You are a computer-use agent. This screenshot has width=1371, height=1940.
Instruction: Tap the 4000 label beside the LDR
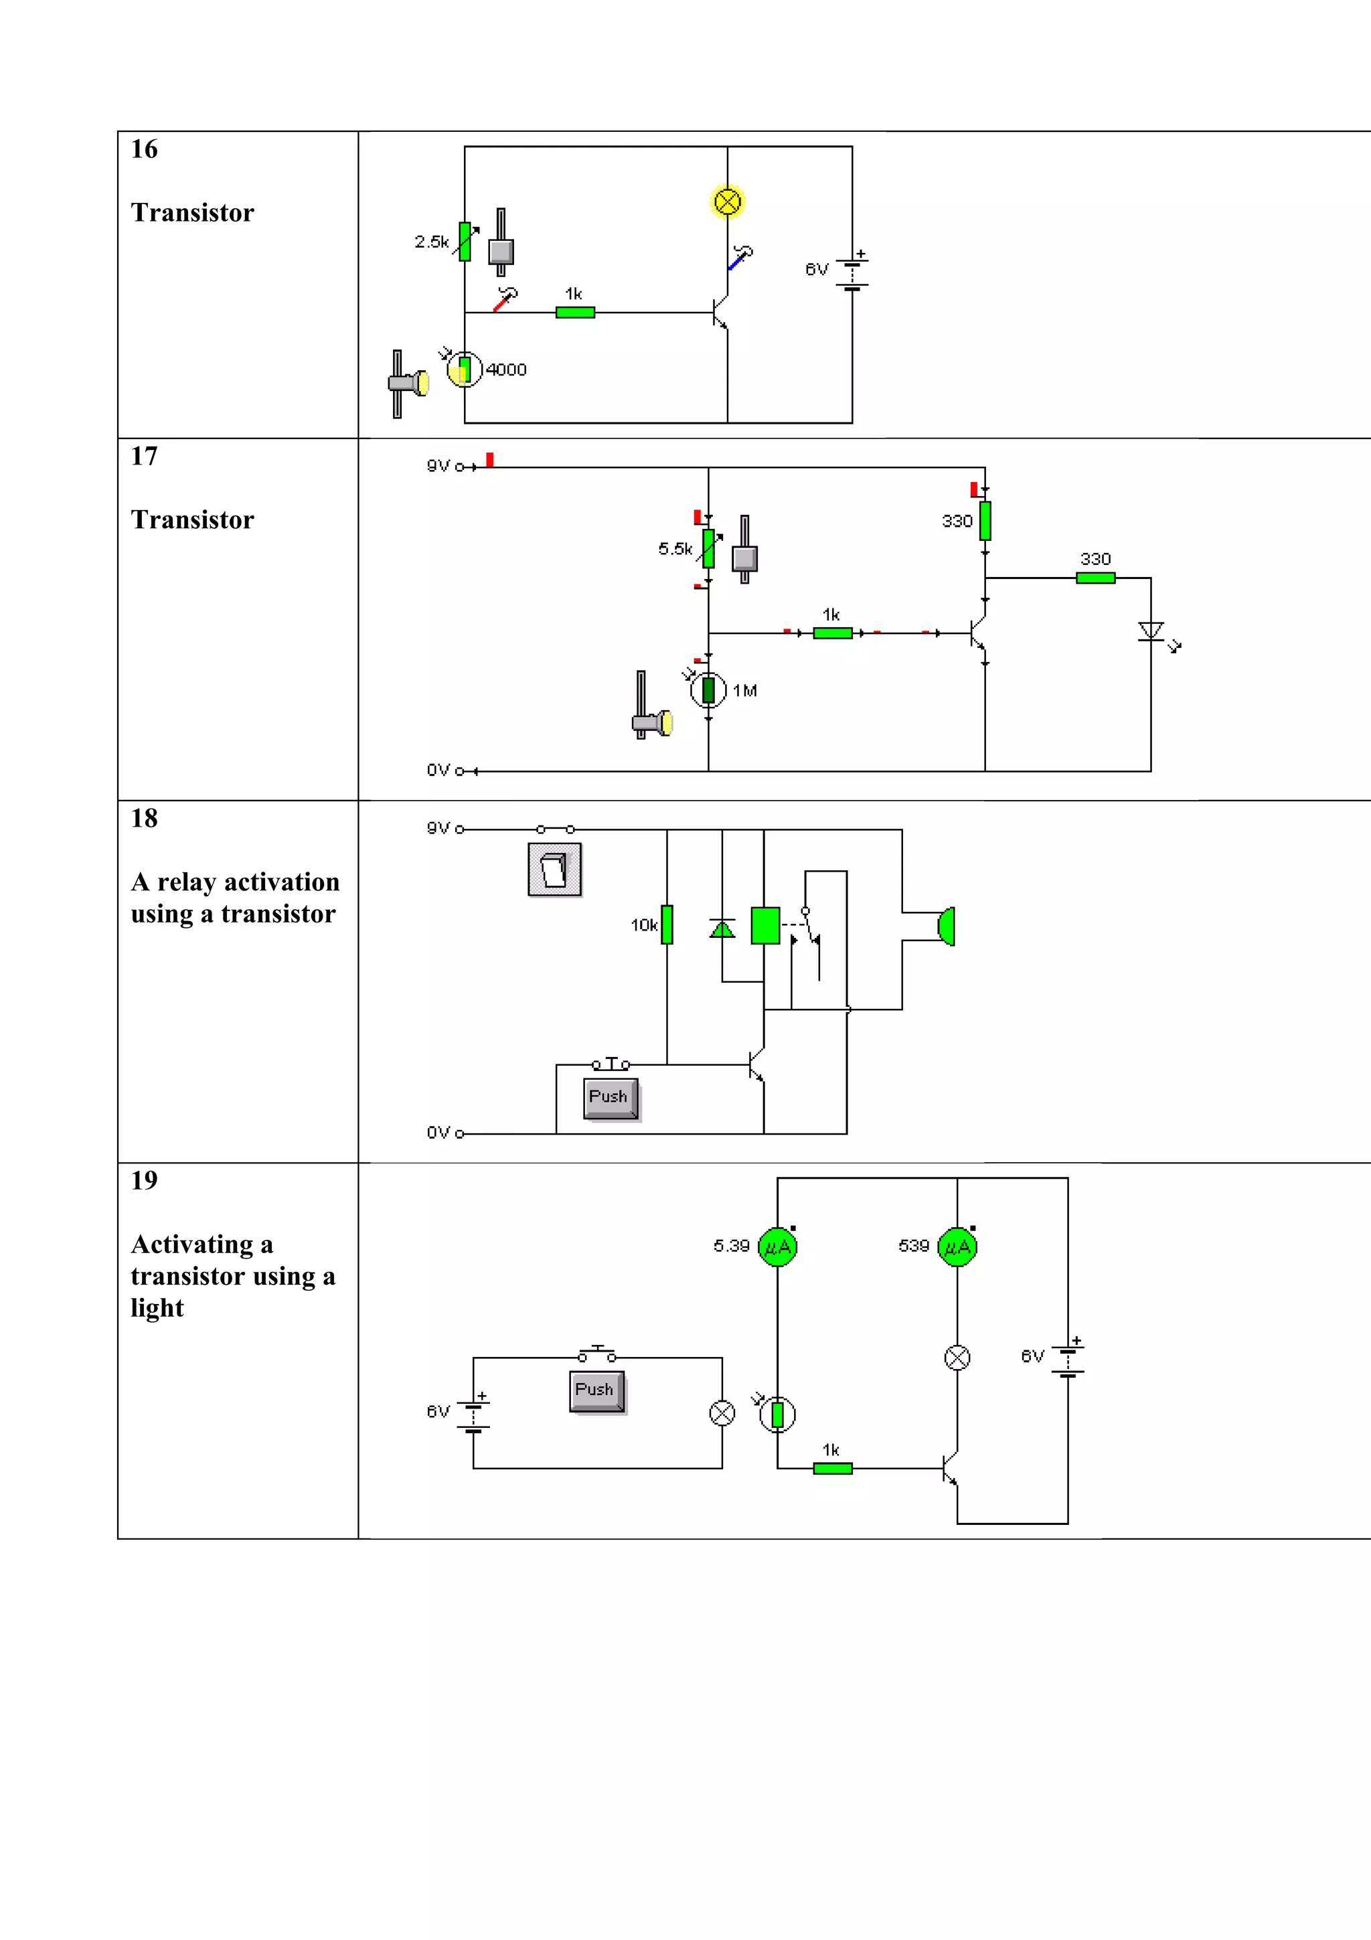(x=506, y=370)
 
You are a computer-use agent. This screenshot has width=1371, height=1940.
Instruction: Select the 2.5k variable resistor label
(x=432, y=242)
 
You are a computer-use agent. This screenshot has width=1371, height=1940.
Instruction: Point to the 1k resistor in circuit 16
(x=575, y=313)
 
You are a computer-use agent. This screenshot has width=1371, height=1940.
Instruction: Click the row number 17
(x=144, y=457)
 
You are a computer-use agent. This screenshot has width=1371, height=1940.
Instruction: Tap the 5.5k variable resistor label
(x=675, y=549)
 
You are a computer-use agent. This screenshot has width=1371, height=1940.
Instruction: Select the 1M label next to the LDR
(x=744, y=691)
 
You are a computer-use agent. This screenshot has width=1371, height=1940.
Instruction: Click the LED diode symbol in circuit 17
(x=1151, y=631)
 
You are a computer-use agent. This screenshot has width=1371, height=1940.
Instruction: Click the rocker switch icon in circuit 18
(x=554, y=870)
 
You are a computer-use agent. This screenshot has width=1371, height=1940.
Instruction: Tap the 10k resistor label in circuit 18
(x=644, y=925)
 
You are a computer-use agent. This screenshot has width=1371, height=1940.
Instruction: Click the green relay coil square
(x=765, y=925)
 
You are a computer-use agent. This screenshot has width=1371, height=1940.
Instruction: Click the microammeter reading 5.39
(x=777, y=1247)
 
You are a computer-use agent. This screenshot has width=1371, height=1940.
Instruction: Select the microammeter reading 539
(x=957, y=1247)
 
